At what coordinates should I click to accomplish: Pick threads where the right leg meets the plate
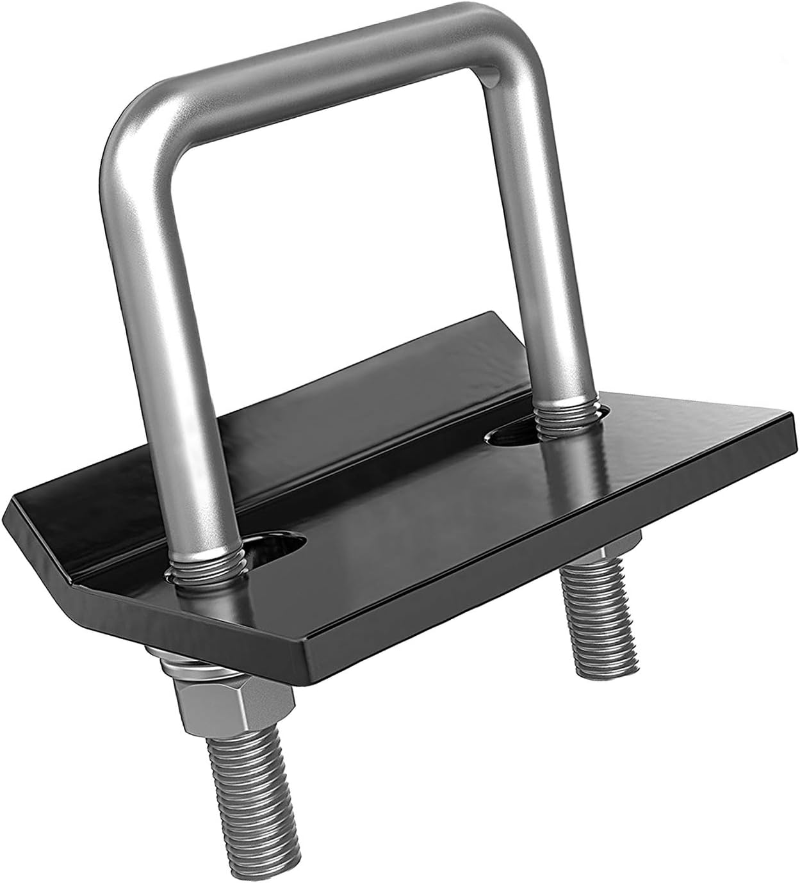(564, 416)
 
